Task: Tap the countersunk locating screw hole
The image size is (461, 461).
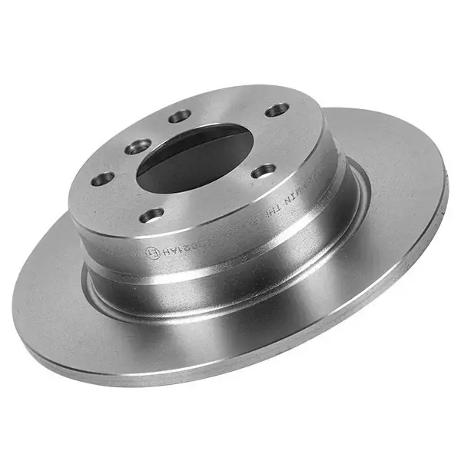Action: pos(139,146)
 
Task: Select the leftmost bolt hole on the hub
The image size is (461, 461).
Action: pos(102,179)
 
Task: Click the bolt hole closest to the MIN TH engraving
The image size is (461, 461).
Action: pos(264,171)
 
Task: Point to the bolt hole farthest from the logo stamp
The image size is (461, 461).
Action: pos(277,110)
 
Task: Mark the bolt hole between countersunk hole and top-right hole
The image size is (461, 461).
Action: pos(180,116)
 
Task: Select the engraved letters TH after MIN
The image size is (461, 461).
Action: pos(274,216)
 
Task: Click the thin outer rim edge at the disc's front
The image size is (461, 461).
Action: pos(230,376)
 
